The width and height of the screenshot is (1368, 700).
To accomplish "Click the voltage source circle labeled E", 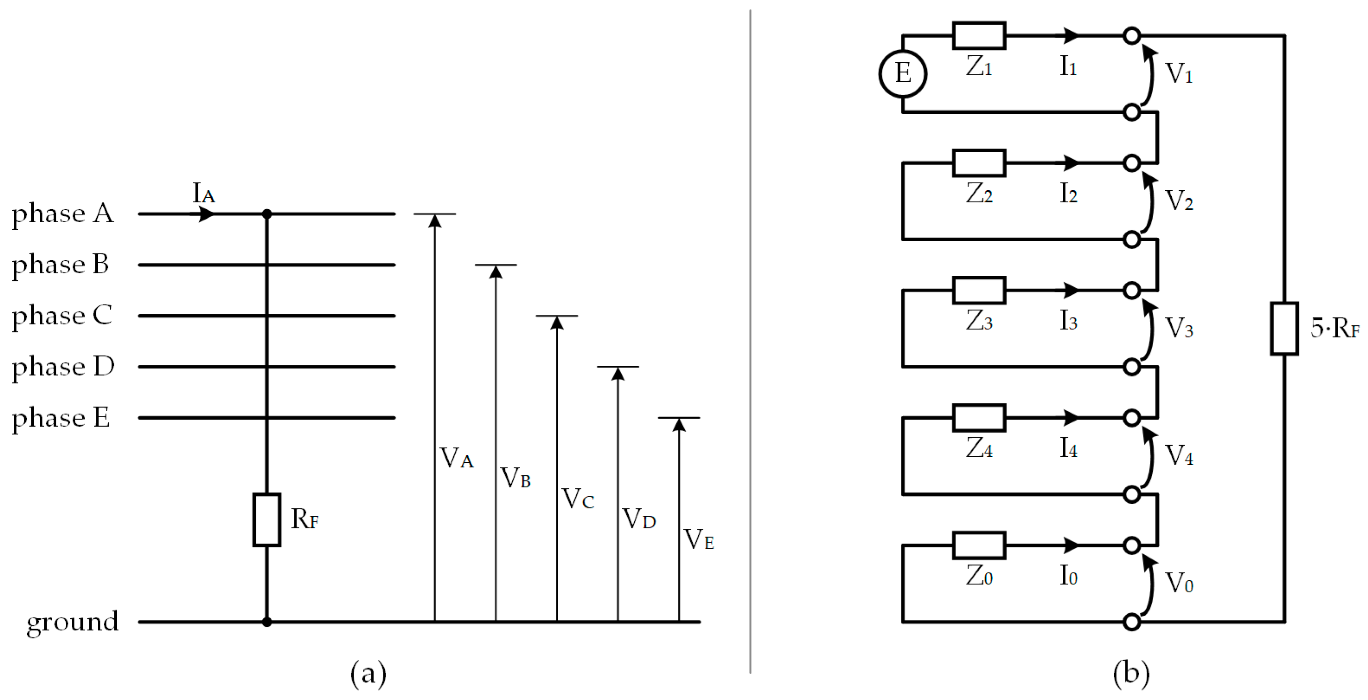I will (902, 74).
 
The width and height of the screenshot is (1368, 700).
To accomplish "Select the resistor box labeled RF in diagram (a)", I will (267, 519).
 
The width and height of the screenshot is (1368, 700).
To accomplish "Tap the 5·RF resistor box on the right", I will (1284, 328).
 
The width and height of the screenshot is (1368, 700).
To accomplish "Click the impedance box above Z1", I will (979, 35).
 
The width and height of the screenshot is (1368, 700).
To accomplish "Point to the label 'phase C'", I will (62, 316).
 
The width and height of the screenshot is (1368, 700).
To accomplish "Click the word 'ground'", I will (73, 622).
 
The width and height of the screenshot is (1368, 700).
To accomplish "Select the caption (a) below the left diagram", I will (368, 674).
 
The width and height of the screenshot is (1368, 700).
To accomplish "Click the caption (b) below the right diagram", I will (1131, 674).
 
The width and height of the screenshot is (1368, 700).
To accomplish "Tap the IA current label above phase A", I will (203, 193).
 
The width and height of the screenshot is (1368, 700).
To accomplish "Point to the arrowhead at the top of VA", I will (435, 221).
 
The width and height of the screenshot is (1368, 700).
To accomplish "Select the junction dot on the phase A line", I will (267, 214).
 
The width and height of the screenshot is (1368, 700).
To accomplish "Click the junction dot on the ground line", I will (267, 621).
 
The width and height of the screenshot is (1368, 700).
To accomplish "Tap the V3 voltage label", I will (1179, 328).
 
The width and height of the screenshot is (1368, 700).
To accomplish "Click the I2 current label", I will (1068, 194).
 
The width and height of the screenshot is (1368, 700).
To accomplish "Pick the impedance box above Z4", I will (979, 418).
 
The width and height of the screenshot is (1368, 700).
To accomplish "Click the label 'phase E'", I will (61, 418).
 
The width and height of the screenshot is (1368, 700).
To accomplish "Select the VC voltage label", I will (578, 499).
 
